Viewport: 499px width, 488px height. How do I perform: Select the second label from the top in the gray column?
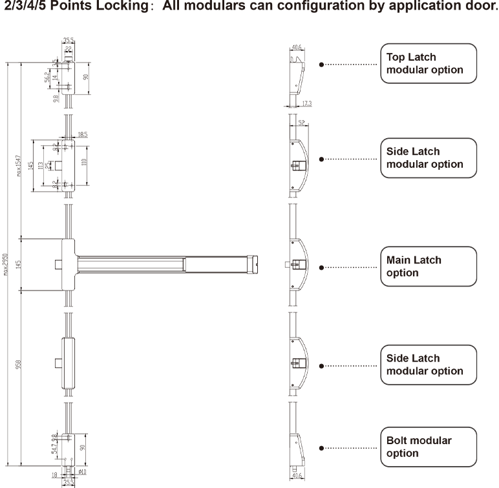[x=425, y=158]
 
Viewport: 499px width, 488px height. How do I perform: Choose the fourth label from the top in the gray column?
[x=425, y=365]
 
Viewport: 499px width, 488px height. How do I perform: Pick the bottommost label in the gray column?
[x=423, y=446]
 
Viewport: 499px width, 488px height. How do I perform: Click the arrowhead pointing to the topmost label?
[x=374, y=63]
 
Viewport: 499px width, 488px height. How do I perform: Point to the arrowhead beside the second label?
[x=374, y=159]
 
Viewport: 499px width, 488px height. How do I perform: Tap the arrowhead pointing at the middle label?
[x=374, y=267]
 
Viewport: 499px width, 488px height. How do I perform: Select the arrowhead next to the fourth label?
[x=374, y=365]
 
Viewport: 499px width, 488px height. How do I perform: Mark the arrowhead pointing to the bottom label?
[x=374, y=447]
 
